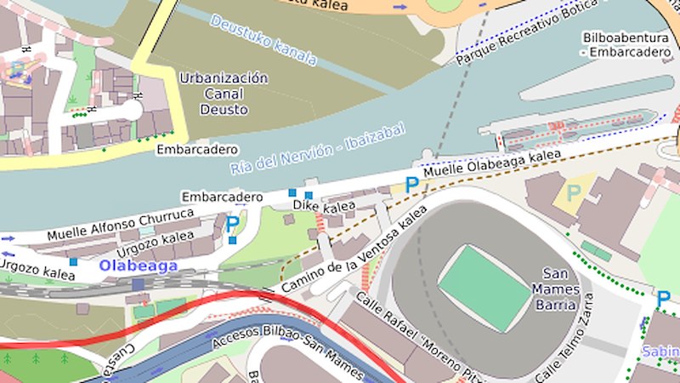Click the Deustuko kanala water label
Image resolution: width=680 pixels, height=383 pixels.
pyautogui.click(x=263, y=40)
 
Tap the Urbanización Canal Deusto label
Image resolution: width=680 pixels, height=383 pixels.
pyautogui.click(x=224, y=94)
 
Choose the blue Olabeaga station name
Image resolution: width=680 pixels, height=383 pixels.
pyautogui.click(x=138, y=266)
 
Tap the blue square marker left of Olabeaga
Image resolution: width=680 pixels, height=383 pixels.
pyautogui.click(x=74, y=262)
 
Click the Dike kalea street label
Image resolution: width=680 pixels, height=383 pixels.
pyautogui.click(x=324, y=206)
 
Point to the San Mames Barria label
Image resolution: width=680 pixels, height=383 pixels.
pyautogui.click(x=560, y=289)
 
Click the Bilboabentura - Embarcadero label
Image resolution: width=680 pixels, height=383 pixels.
pyautogui.click(x=626, y=45)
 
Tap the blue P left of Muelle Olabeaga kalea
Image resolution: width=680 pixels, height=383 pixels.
pyautogui.click(x=411, y=184)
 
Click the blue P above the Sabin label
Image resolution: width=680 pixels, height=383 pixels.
pyautogui.click(x=663, y=298)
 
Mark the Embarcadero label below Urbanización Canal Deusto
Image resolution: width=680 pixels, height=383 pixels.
pyautogui.click(x=196, y=149)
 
